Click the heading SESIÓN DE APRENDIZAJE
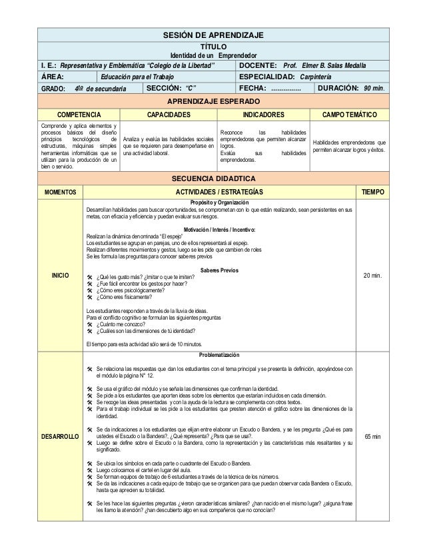coord(213,35)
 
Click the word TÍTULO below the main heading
coord(213,46)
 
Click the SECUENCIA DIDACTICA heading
coord(213,178)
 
